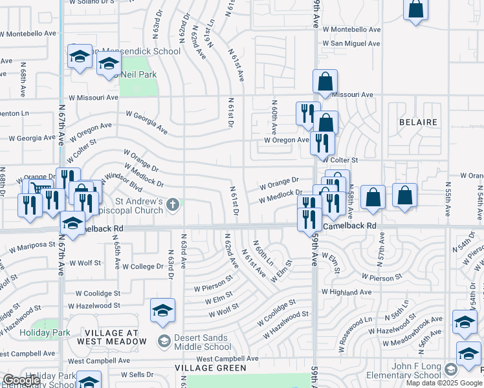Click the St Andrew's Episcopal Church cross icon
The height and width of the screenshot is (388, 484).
(x=172, y=205)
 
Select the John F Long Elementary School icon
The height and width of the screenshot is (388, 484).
(x=451, y=369)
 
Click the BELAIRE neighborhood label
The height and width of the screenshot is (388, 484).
(x=418, y=122)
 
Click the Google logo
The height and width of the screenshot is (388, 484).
(x=21, y=381)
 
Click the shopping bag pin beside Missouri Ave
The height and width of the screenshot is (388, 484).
(x=325, y=82)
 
